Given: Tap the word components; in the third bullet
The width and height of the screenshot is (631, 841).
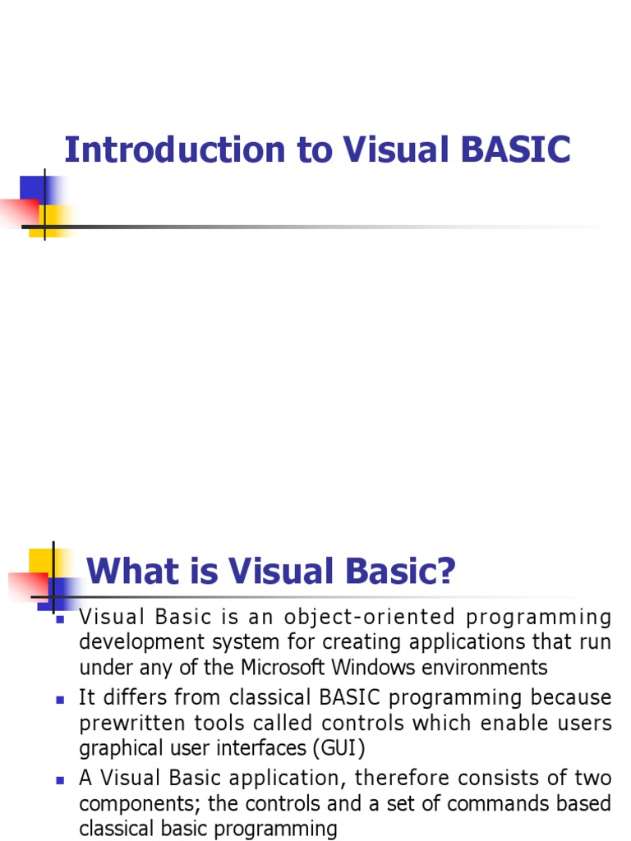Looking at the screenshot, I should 134,803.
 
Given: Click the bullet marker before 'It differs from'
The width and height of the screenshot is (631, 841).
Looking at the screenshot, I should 59,700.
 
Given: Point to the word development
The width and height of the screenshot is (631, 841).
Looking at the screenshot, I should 130,642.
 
